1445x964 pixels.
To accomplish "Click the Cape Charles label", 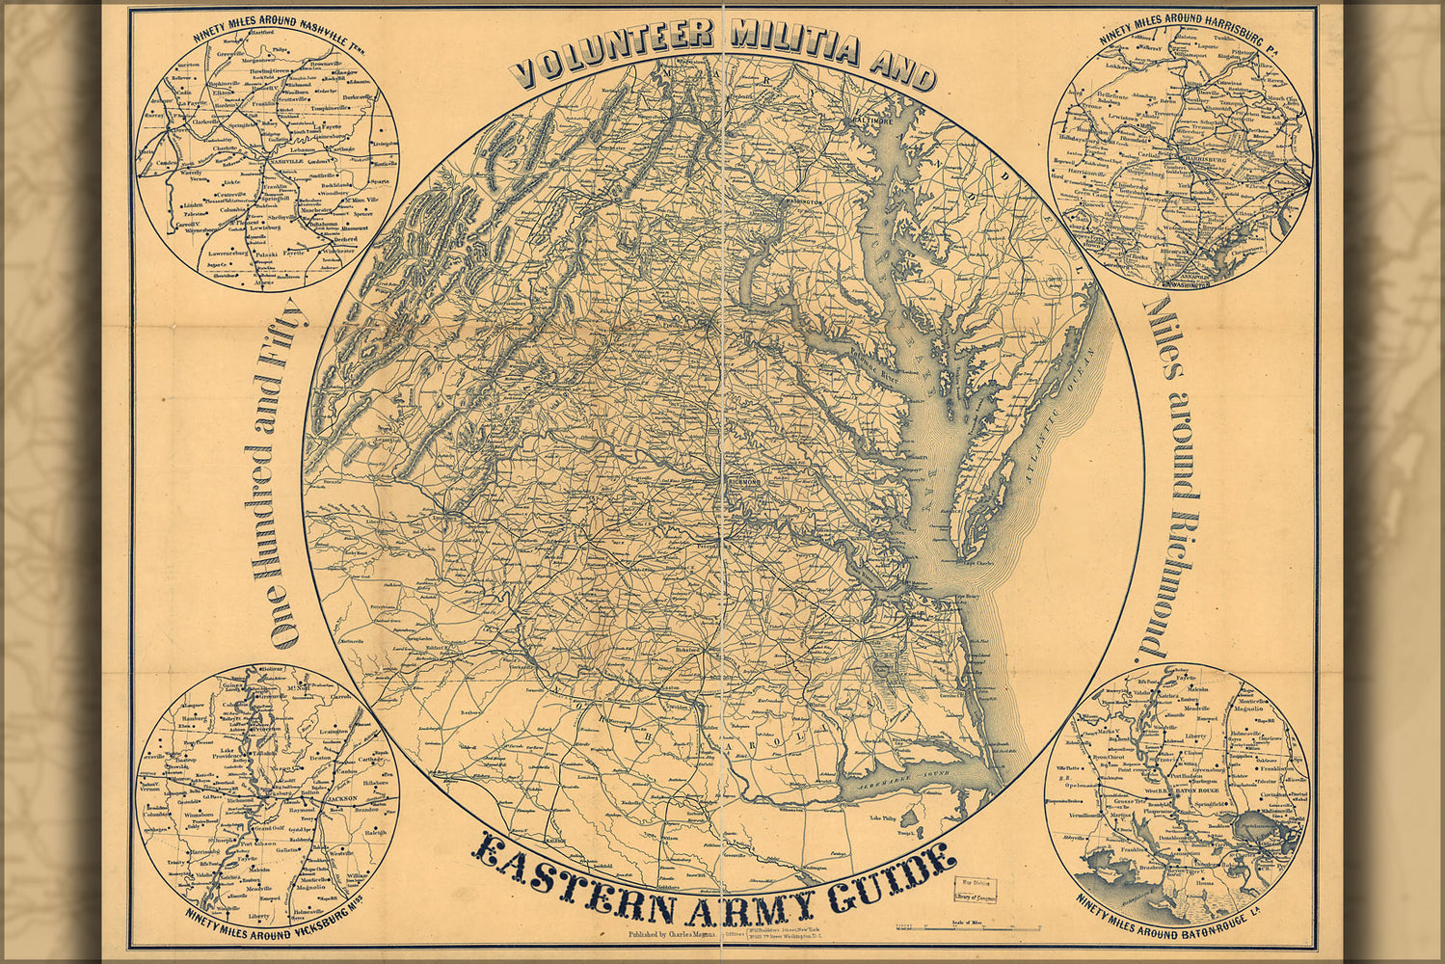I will click(x=978, y=562).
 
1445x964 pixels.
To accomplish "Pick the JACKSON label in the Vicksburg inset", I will click(x=323, y=798).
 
